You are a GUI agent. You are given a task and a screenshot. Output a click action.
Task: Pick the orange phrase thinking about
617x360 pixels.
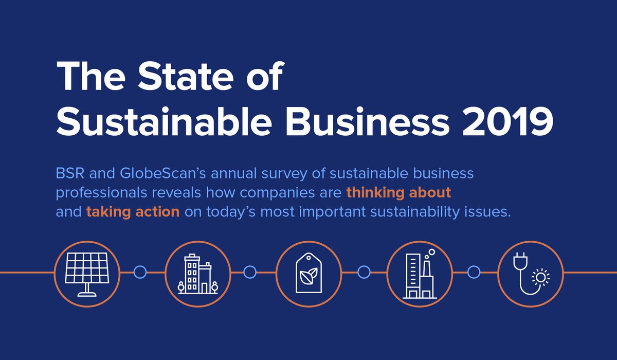pyautogui.click(x=398, y=193)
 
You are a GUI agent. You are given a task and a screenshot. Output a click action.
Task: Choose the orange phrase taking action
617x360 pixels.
pyautogui.click(x=133, y=212)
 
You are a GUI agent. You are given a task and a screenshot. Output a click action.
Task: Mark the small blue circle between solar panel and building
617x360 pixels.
pyautogui.click(x=140, y=272)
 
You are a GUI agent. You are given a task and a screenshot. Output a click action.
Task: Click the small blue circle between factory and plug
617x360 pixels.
pyautogui.click(x=474, y=272)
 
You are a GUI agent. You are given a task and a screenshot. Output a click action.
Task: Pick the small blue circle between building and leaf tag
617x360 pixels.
pyautogui.click(x=250, y=272)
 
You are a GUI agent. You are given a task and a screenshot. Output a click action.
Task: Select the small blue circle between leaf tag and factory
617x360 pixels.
pyautogui.click(x=364, y=272)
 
